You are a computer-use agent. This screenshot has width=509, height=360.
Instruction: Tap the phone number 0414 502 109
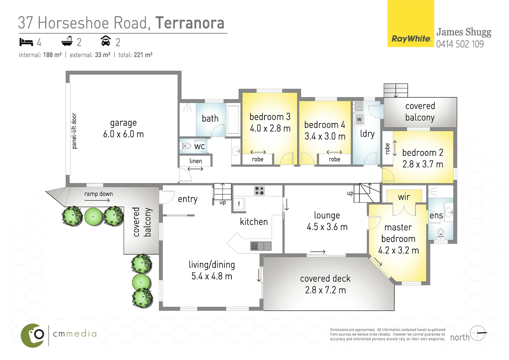[x=460, y=44]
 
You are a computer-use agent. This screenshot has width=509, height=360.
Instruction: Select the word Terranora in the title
[x=190, y=23]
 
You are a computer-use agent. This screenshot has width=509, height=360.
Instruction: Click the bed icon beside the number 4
[x=26, y=42]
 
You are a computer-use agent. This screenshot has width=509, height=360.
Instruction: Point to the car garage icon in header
[x=106, y=41]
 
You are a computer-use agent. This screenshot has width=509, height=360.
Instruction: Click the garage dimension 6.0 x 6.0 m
[x=123, y=134]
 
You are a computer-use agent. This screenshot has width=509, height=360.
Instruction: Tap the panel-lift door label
[x=74, y=131]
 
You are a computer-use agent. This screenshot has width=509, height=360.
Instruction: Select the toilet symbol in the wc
[x=186, y=146]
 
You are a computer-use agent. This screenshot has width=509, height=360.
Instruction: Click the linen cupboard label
[x=196, y=161]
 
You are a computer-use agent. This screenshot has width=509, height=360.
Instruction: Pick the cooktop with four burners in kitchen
[x=259, y=191]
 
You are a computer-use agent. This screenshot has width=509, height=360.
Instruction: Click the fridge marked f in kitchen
[x=239, y=204]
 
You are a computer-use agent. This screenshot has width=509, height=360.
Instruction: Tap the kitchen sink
[x=261, y=246]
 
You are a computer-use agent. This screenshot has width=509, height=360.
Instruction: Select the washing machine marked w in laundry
[x=359, y=119]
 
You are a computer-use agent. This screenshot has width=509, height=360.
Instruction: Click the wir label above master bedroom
[x=404, y=197]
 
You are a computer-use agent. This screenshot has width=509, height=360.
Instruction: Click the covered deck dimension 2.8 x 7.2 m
[x=325, y=290]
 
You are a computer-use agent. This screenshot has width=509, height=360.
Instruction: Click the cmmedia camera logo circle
[x=33, y=335]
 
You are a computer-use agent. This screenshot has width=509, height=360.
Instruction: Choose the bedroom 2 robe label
[x=387, y=149]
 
